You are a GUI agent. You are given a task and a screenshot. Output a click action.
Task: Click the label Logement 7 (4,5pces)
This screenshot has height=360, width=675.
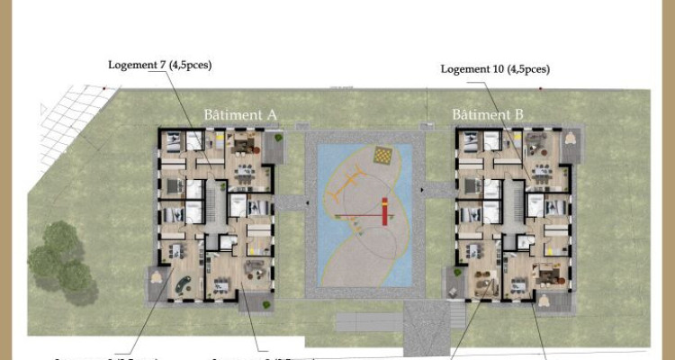click(159, 65)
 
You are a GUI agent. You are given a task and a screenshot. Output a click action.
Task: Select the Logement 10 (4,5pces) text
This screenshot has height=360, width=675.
click(494, 68)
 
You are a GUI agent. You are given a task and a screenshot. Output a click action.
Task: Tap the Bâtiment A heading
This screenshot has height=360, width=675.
click(239, 114)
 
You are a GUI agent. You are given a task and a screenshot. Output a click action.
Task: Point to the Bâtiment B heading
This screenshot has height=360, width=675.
click(487, 114)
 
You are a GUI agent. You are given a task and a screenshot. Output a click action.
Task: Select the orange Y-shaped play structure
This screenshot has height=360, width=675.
click(342, 193)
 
